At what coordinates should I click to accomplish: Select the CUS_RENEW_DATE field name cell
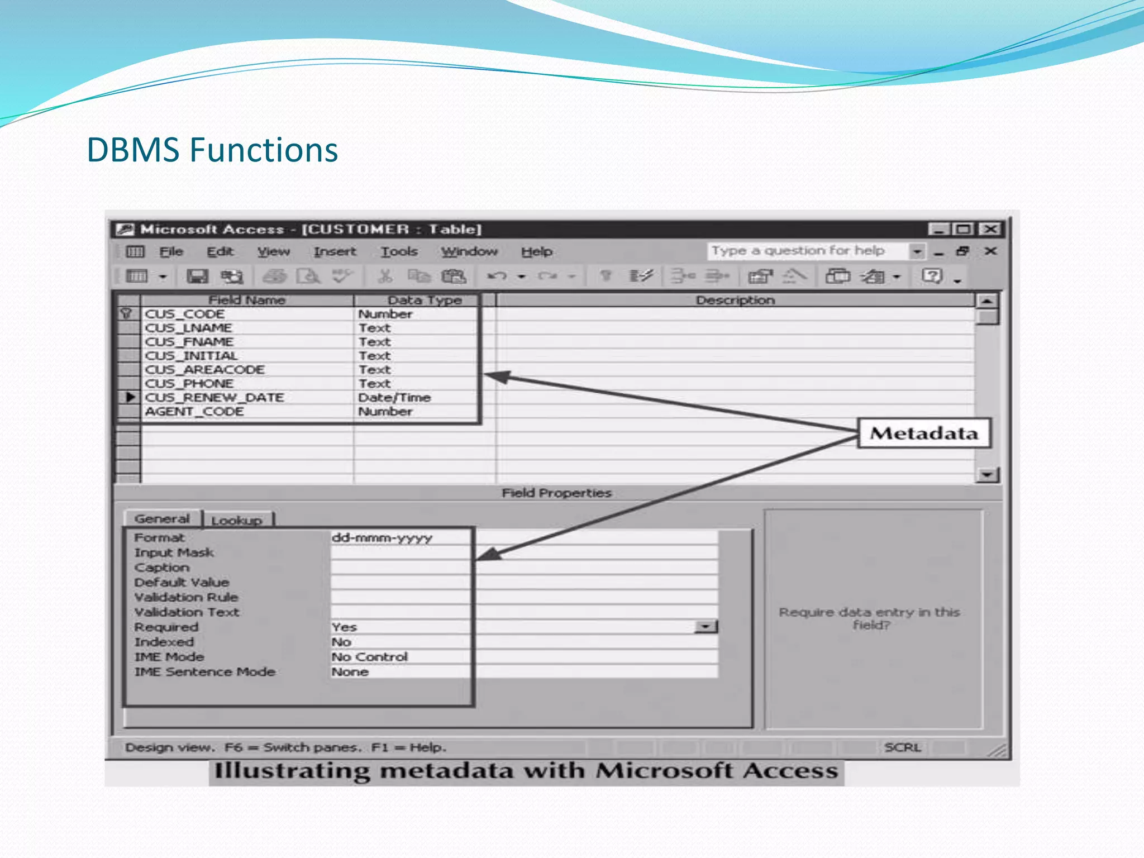coord(214,397)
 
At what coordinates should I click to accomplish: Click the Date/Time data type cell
coord(394,397)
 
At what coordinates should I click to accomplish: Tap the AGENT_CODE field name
coord(194,411)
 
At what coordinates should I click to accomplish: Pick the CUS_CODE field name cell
coord(185,314)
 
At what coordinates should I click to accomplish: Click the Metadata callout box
coord(924,433)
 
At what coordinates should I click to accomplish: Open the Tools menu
coord(399,251)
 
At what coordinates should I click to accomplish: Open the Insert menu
coord(335,251)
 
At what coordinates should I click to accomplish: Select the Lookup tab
coord(237,520)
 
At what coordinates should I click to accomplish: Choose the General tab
coord(162,518)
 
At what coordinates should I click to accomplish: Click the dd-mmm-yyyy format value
coord(382,537)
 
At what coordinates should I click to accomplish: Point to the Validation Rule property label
coord(186,597)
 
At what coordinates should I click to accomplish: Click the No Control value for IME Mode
coord(370,657)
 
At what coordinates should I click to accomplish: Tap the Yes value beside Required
coord(344,627)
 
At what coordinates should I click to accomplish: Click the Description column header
coord(735,300)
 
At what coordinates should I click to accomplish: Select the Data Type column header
coord(425,300)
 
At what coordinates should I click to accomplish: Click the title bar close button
coord(992,229)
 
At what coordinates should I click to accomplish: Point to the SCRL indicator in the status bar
coord(902,747)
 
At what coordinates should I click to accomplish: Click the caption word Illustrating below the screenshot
coord(292,771)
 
